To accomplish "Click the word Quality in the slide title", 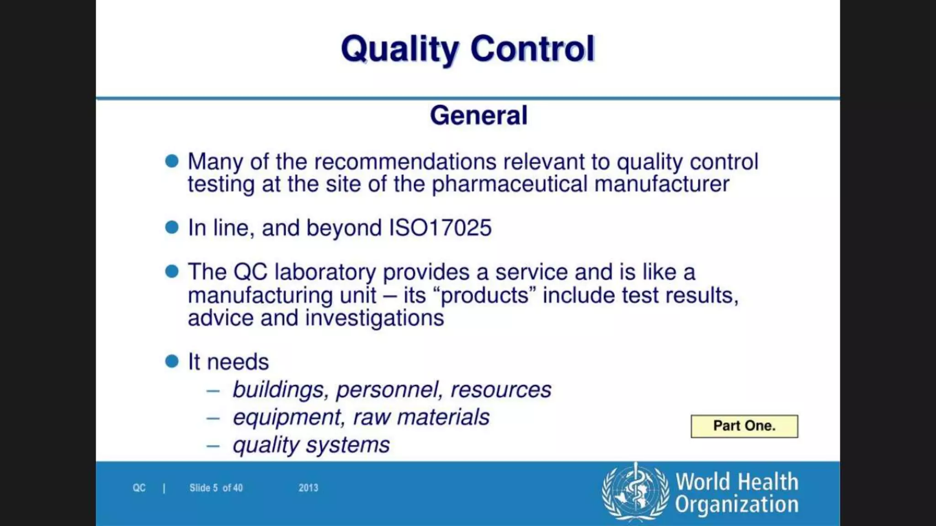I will tap(399, 49).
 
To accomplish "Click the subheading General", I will tap(479, 115).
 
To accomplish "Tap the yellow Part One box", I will tap(744, 426).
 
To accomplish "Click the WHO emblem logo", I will tap(635, 492).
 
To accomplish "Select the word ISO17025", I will tap(440, 228).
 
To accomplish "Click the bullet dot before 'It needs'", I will tap(172, 362).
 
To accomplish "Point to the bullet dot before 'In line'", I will tap(172, 227).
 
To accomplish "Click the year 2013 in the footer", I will tap(308, 488).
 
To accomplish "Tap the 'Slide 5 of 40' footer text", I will tap(216, 488).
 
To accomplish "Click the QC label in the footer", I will tap(139, 488).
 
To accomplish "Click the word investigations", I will tap(374, 318).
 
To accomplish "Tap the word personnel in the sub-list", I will tap(389, 389).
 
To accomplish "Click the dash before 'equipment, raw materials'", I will tap(213, 418).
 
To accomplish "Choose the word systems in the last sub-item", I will tap(348, 445).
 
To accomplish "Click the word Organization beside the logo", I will tap(737, 505).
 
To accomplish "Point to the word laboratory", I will tap(325, 272).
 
